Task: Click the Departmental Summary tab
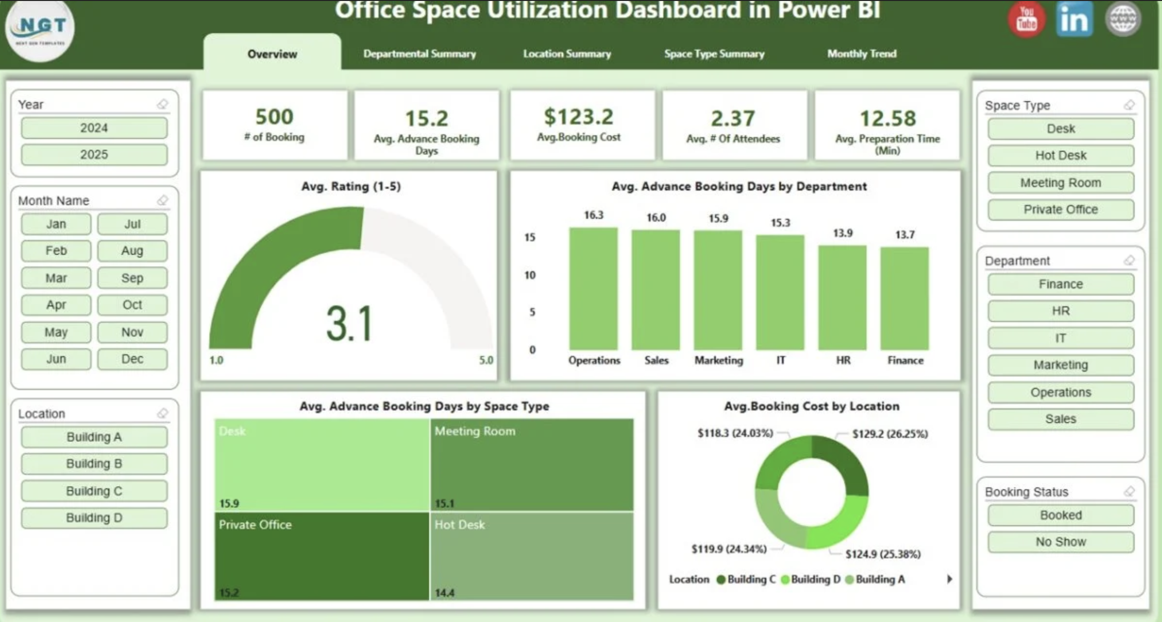(419, 54)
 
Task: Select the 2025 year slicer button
(94, 155)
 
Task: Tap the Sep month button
(132, 278)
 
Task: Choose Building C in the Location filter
(94, 491)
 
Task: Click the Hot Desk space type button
(1060, 156)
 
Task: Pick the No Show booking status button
(1060, 542)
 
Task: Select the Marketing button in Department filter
(1060, 365)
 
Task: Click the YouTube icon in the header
(1026, 19)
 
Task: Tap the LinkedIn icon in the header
(1074, 19)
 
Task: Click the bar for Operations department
(593, 289)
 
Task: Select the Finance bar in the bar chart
(904, 299)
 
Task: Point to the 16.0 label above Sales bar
(656, 217)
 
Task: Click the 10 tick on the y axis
(530, 275)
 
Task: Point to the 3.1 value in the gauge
(349, 323)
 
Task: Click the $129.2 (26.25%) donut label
(889, 434)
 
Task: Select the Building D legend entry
(811, 579)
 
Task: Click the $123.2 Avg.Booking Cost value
(578, 117)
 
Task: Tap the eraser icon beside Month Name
(162, 200)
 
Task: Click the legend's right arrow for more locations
(949, 579)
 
